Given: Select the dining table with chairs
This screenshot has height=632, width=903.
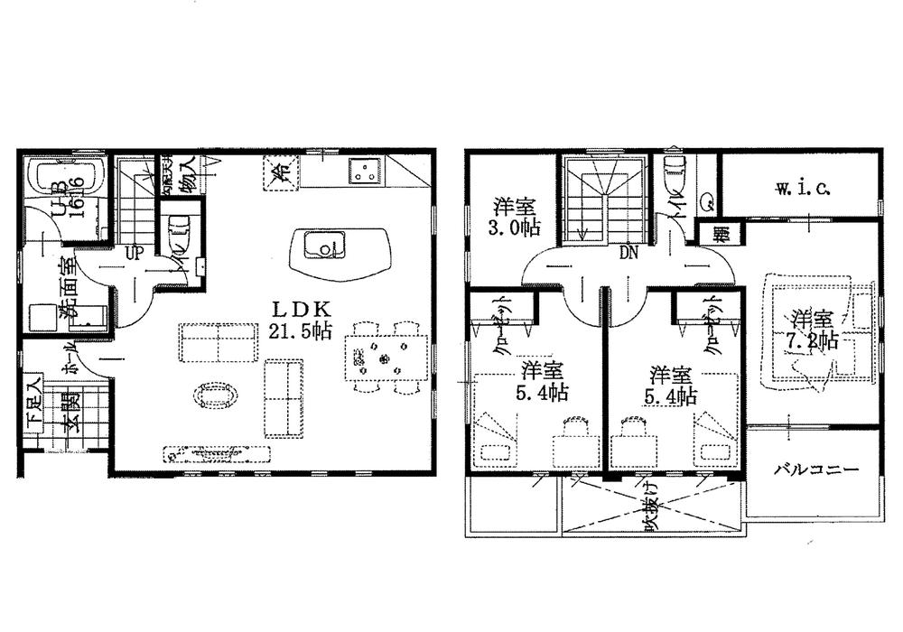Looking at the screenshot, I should tap(386, 358).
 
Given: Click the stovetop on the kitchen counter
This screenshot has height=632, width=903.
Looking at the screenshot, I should tap(368, 171).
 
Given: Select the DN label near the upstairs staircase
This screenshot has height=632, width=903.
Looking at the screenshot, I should tap(628, 255).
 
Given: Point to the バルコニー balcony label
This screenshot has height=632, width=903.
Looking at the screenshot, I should tap(815, 470).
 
